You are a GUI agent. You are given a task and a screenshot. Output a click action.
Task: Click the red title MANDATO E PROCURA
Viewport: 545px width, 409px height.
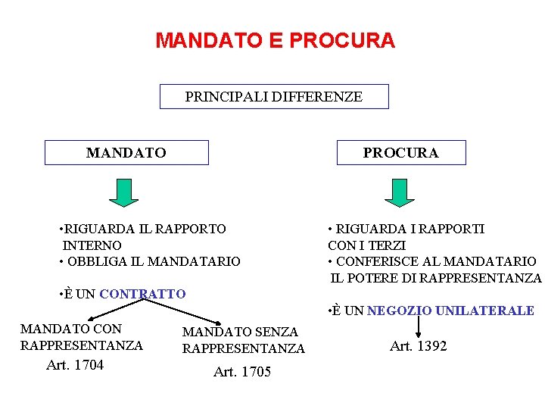pyautogui.click(x=275, y=40)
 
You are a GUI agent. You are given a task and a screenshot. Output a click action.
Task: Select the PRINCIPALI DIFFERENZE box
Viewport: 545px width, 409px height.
pyautogui.click(x=274, y=97)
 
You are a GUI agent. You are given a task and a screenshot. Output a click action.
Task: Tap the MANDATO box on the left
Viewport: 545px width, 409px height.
pyautogui.click(x=126, y=153)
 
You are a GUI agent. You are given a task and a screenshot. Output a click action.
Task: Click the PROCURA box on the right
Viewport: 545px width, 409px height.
pyautogui.click(x=400, y=153)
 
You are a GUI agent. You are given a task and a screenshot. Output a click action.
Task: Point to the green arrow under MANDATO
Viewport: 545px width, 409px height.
pyautogui.click(x=123, y=192)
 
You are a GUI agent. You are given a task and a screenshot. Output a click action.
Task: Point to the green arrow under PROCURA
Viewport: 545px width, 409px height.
pyautogui.click(x=400, y=192)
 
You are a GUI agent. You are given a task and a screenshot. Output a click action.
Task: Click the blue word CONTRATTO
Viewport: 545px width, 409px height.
pyautogui.click(x=142, y=294)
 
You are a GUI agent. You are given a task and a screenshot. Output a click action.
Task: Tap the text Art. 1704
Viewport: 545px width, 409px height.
pyautogui.click(x=75, y=365)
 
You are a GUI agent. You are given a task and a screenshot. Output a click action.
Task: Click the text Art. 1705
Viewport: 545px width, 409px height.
pyautogui.click(x=242, y=372)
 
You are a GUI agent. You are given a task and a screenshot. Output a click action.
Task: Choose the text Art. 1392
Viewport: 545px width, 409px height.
pyautogui.click(x=418, y=346)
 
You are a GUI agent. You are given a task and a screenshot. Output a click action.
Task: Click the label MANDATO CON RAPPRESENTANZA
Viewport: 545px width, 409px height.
pyautogui.click(x=81, y=337)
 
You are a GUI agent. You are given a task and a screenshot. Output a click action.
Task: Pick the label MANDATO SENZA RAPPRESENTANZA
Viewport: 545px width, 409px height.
pyautogui.click(x=243, y=340)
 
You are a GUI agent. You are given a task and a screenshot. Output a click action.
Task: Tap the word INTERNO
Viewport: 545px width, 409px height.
pyautogui.click(x=92, y=245)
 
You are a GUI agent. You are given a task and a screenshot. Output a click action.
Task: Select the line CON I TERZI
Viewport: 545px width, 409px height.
pyautogui.click(x=366, y=245)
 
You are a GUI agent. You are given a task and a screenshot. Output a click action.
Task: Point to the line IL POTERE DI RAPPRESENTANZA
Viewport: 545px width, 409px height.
pyautogui.click(x=436, y=278)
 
